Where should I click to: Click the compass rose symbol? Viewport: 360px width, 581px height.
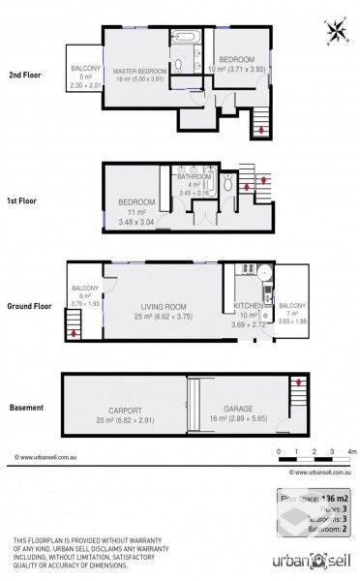[337, 30]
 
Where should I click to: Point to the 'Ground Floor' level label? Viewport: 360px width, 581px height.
[30, 304]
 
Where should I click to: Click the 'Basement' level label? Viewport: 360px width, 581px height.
[25, 408]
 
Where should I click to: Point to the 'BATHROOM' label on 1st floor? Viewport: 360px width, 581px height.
[194, 177]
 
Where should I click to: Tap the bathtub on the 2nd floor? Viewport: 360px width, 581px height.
[187, 38]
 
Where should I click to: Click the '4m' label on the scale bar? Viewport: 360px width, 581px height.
[352, 451]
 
